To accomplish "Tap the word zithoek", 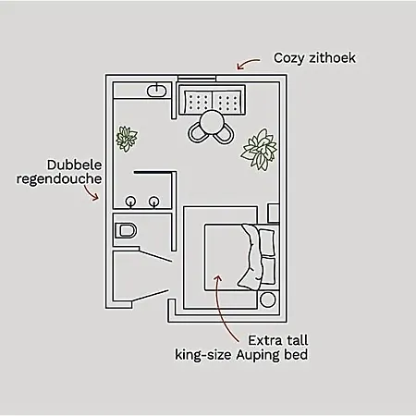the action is [x=332, y=57].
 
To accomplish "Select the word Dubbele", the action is [x=74, y=165].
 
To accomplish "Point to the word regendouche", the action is [x=59, y=179].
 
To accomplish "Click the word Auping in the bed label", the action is [x=258, y=355].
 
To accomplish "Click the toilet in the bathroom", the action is [x=126, y=230].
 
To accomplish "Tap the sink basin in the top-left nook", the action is [x=157, y=91].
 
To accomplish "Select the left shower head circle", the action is [x=131, y=202].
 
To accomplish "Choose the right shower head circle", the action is [x=154, y=202].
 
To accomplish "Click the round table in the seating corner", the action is [x=212, y=123].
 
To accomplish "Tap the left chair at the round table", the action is [x=196, y=133].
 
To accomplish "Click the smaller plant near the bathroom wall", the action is [x=127, y=139].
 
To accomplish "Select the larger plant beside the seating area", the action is [x=259, y=150].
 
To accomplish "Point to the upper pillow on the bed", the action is [x=267, y=242].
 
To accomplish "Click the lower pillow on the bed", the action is [x=267, y=271].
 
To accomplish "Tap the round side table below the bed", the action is [x=267, y=300].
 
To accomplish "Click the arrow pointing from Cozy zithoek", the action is [x=248, y=63].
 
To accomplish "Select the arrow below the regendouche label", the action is [x=91, y=193].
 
